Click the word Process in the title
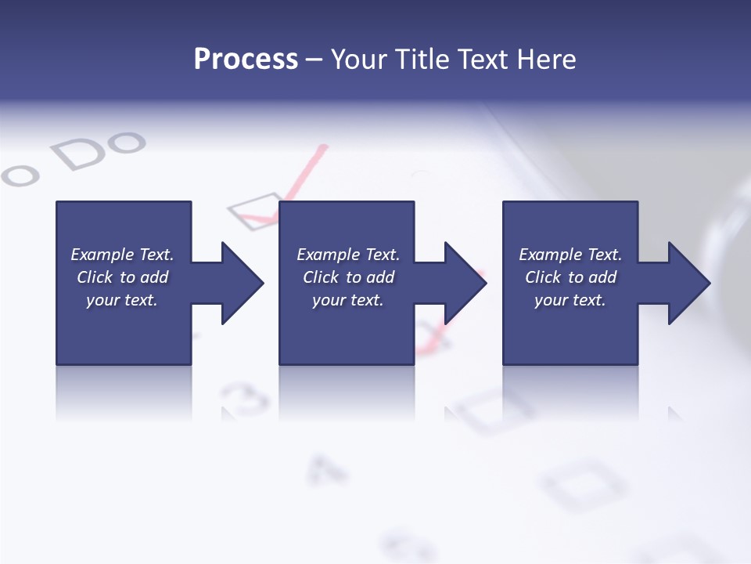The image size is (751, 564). tap(246, 60)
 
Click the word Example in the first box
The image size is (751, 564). tap(102, 255)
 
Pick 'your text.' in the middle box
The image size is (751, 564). tap(347, 300)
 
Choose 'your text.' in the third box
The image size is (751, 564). tap(570, 300)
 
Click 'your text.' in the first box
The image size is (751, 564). tap(122, 300)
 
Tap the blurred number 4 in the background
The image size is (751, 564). tap(327, 468)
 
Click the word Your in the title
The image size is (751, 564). tap(360, 60)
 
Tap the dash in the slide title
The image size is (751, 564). tap(314, 60)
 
